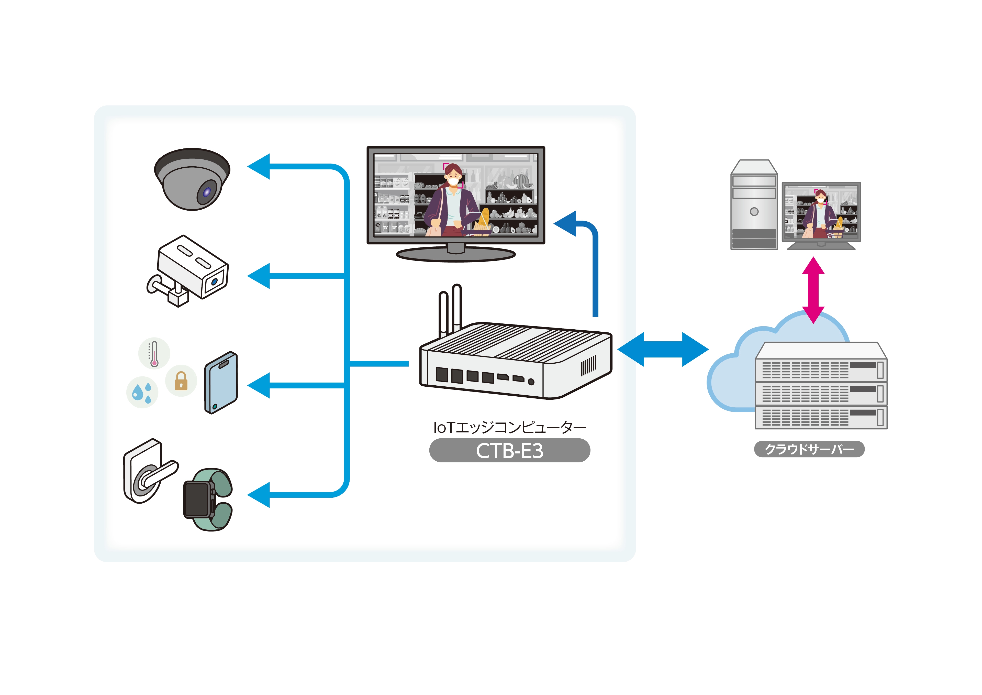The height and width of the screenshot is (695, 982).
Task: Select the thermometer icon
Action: click(154, 353)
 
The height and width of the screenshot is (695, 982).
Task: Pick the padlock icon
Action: click(181, 381)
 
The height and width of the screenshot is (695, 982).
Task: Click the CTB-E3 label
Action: click(509, 451)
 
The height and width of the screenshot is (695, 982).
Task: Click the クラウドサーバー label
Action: click(809, 449)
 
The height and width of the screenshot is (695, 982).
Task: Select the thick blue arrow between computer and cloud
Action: click(663, 349)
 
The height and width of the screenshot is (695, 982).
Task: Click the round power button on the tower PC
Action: click(754, 211)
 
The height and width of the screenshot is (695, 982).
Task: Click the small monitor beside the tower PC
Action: click(821, 212)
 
